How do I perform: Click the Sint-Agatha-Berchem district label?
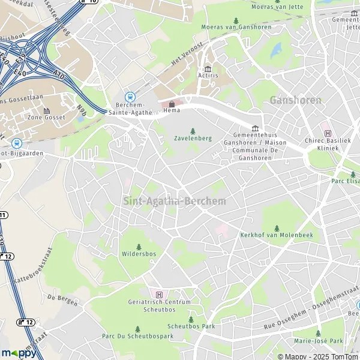pyautogui.click(x=175, y=201)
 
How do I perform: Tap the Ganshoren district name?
pyautogui.click(x=295, y=100)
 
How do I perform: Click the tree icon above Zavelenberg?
pyautogui.click(x=193, y=131)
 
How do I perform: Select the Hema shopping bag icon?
pyautogui.click(x=172, y=103)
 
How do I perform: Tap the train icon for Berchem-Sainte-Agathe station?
pyautogui.click(x=129, y=97)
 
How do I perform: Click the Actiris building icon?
pyautogui.click(x=208, y=69)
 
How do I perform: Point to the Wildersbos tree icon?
pyautogui.click(x=139, y=247)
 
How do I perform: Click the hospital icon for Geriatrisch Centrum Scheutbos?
pyautogui.click(x=159, y=294)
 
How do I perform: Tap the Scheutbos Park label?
pyautogui.click(x=191, y=327)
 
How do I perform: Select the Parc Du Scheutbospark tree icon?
pyautogui.click(x=137, y=329)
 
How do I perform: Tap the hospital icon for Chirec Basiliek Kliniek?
pyautogui.click(x=327, y=133)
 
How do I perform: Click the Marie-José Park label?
pyautogui.click(x=318, y=341)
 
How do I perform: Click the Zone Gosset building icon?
pyautogui.click(x=46, y=111)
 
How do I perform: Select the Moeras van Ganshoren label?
pyautogui.click(x=236, y=27)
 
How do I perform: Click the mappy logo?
pyautogui.click(x=19, y=353)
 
